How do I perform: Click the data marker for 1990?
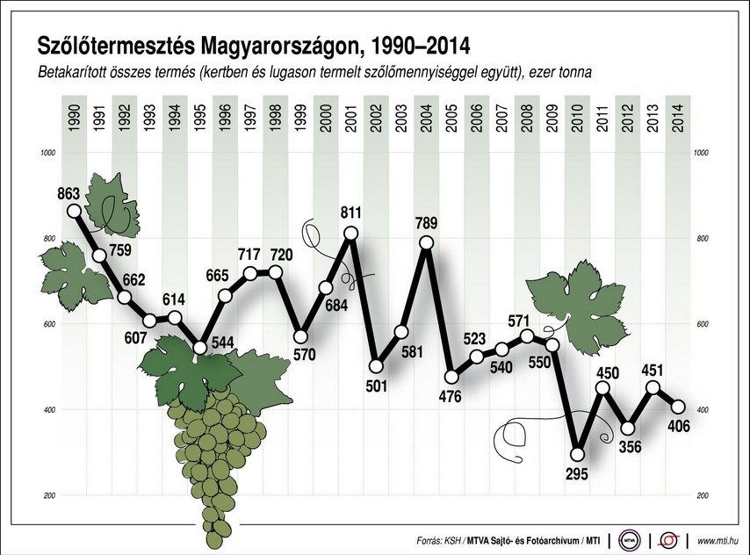[74, 211]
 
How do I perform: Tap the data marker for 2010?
[577, 454]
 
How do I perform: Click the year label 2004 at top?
[426, 118]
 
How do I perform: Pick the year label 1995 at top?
[199, 118]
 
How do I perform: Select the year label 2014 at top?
[678, 118]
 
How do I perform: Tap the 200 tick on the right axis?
[701, 496]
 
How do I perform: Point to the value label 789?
[427, 223]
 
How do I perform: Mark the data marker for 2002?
[376, 366]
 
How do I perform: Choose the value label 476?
[451, 397]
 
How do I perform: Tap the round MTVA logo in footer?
[629, 538]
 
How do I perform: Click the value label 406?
[678, 427]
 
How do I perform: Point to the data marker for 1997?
[250, 274]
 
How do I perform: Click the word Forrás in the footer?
[431, 539]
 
